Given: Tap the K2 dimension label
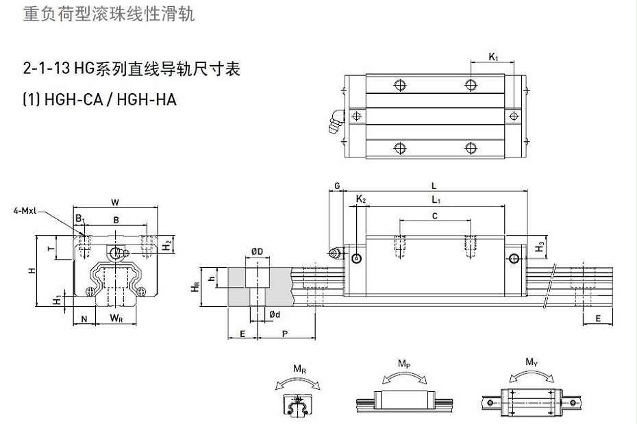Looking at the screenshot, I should [x=361, y=199].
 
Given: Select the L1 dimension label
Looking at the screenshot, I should [x=436, y=199].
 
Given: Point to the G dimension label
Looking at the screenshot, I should [x=337, y=186].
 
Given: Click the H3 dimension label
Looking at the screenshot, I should [x=540, y=246].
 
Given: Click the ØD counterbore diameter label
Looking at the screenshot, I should [x=258, y=252].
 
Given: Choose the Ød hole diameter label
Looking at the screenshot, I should [x=273, y=314].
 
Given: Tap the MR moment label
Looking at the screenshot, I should [x=299, y=370].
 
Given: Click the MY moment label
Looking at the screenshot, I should [x=531, y=362].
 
